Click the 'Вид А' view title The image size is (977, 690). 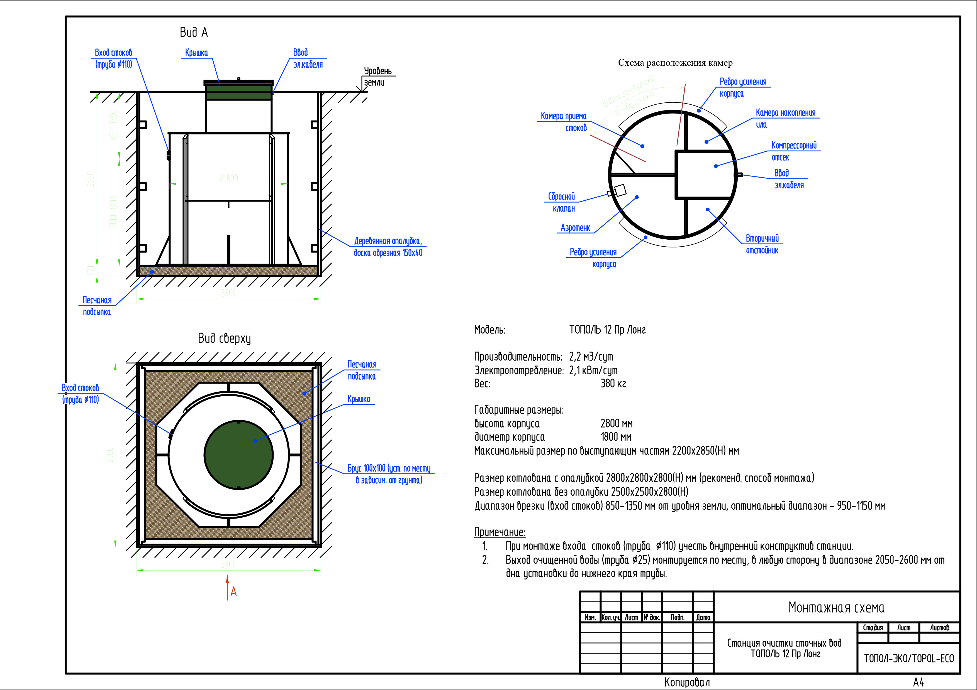pyautogui.click(x=194, y=32)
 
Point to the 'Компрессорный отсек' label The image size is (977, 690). pyautogui.click(x=794, y=151)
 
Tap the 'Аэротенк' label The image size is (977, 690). pyautogui.click(x=575, y=228)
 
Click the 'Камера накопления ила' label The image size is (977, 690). pyautogui.click(x=785, y=119)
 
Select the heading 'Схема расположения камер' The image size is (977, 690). pyautogui.click(x=675, y=63)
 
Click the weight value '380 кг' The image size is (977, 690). pyautogui.click(x=613, y=384)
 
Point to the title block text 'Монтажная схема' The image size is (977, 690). pyautogui.click(x=836, y=608)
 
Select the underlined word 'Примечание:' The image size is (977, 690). pyautogui.click(x=500, y=532)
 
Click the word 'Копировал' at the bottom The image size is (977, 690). pyautogui.click(x=687, y=683)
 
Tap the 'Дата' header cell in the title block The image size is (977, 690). pyautogui.click(x=703, y=617)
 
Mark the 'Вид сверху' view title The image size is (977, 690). pyautogui.click(x=224, y=338)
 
